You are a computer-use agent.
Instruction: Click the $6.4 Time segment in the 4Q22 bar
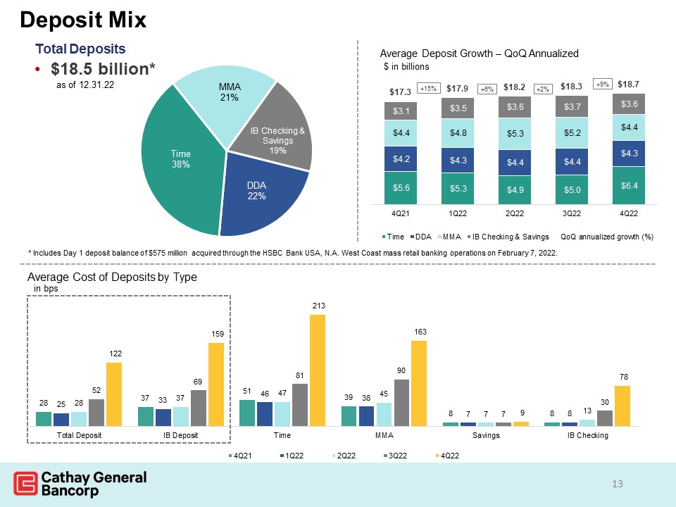click(x=629, y=185)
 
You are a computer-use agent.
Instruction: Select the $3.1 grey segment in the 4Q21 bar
click(x=401, y=111)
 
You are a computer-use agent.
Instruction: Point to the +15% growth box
click(x=428, y=89)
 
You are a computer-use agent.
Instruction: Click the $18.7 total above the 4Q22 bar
click(x=628, y=84)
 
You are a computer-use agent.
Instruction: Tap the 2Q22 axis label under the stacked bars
click(x=514, y=213)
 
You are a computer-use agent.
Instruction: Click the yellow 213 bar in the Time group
click(x=318, y=370)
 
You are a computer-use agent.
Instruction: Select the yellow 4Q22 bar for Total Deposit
click(x=114, y=394)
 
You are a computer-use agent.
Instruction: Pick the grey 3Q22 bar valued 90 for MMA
click(x=401, y=403)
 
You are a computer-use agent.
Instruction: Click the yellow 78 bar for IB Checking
click(x=622, y=406)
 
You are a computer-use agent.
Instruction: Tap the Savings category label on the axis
click(x=486, y=435)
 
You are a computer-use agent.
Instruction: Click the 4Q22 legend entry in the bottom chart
click(x=447, y=456)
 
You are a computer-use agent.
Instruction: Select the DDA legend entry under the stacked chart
click(x=421, y=237)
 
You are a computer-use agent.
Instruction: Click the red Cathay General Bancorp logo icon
click(x=25, y=483)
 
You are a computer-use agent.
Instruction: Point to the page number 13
click(x=618, y=484)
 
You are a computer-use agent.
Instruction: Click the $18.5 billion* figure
click(x=103, y=68)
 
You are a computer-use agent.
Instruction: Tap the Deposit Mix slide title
click(x=83, y=20)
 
